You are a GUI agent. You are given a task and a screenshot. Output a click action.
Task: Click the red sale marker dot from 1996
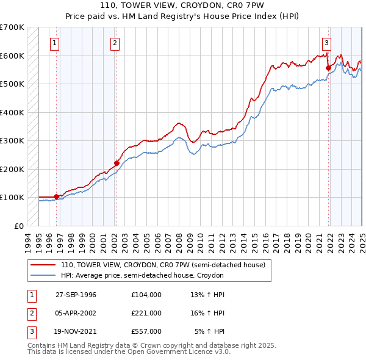point(56,196)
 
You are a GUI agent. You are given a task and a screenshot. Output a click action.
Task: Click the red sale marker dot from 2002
point(117,163)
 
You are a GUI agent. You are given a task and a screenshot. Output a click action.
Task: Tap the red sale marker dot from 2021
point(328,68)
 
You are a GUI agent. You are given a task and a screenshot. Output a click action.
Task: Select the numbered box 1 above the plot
point(55,43)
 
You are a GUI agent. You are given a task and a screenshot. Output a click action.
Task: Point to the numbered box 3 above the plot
point(327,43)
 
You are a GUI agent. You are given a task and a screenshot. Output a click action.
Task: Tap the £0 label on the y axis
point(19,226)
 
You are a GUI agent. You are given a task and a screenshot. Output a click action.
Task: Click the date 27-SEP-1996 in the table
point(76,295)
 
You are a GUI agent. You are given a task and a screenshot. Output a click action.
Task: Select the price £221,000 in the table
point(146,313)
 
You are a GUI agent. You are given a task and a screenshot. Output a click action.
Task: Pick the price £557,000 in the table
point(146,331)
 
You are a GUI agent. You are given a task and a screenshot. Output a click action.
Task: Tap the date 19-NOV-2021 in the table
point(76,331)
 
